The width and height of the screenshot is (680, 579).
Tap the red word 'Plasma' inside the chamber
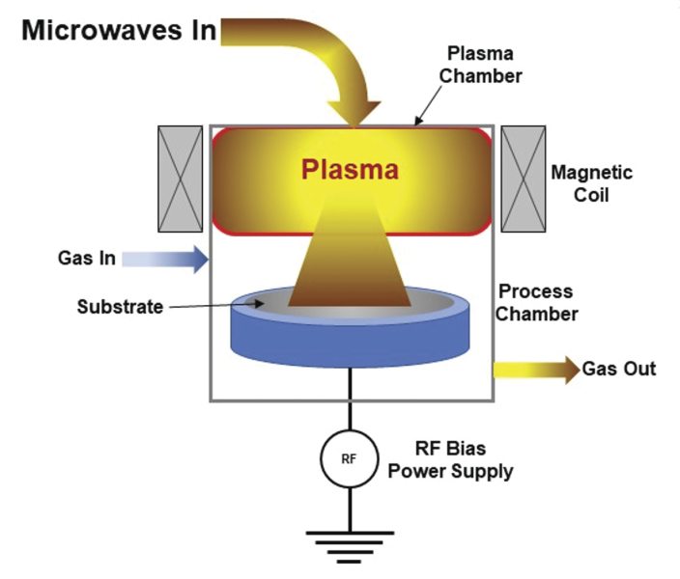coord(350,170)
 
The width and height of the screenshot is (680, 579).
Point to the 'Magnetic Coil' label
coord(591,183)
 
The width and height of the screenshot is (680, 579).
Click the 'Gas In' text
coord(86,259)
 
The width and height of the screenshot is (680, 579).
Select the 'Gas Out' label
coord(619,369)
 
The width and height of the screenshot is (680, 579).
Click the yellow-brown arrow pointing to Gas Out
coord(536,370)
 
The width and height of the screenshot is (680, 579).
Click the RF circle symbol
coord(350,457)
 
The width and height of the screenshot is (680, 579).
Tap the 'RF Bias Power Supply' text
coord(458,460)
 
